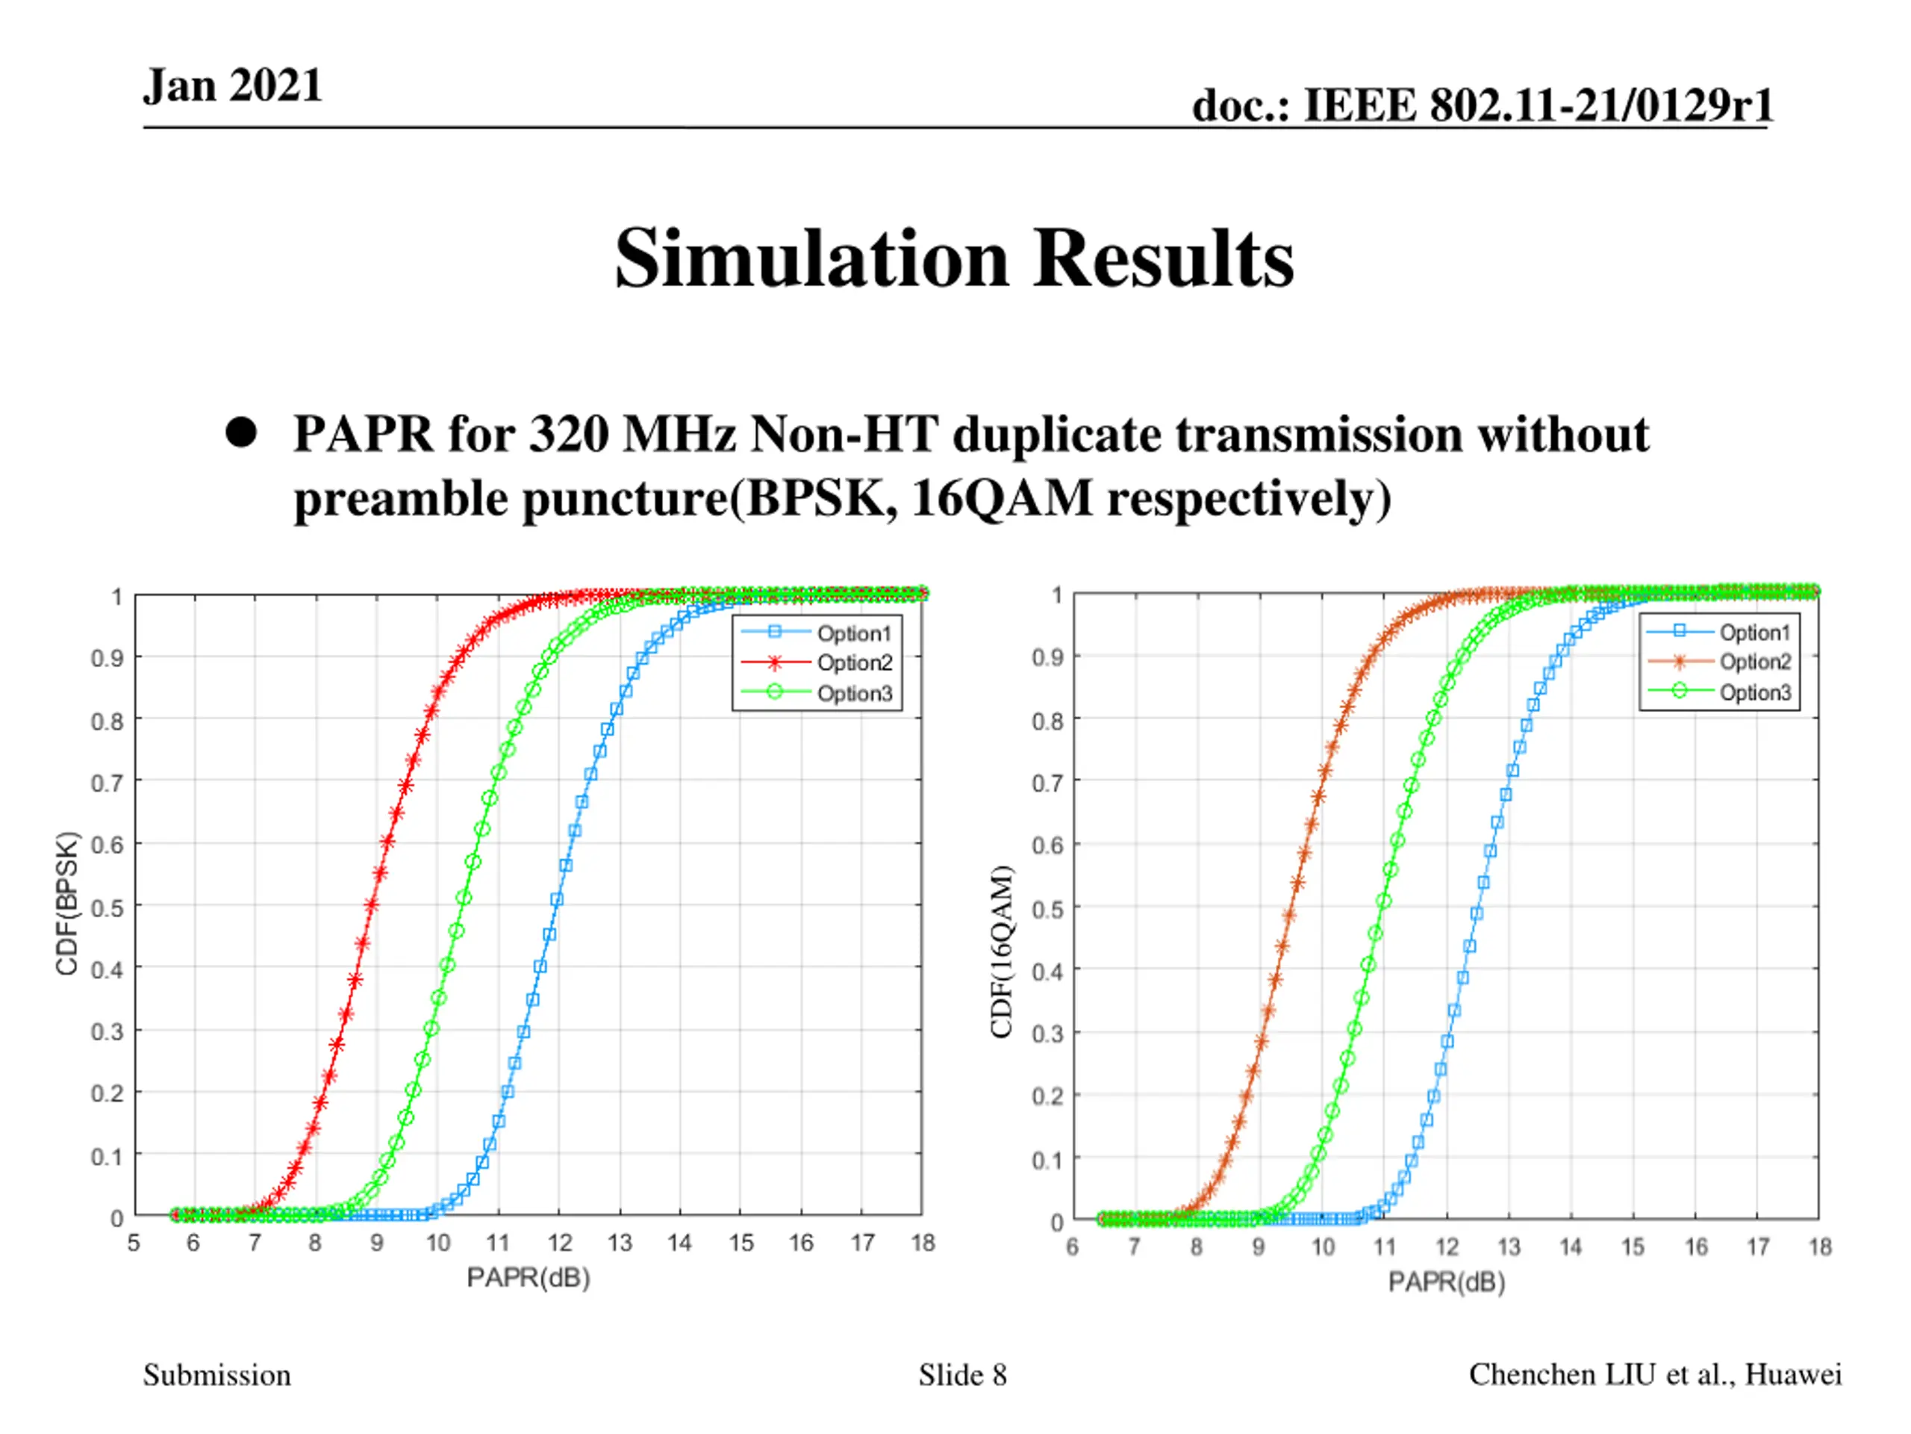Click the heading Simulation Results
click(954, 258)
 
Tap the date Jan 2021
click(232, 86)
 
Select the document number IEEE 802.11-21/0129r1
click(1538, 105)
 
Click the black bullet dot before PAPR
click(241, 432)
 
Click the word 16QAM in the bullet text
click(1001, 499)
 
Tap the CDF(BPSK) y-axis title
click(67, 903)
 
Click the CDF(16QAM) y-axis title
click(1001, 951)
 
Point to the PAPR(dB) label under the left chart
click(528, 1278)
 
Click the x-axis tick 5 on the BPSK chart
click(134, 1243)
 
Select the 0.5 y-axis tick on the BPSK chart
click(107, 907)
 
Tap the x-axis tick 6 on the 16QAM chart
click(1072, 1247)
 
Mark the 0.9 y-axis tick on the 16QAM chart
click(1047, 657)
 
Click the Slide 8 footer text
click(962, 1374)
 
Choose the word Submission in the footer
click(216, 1374)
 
